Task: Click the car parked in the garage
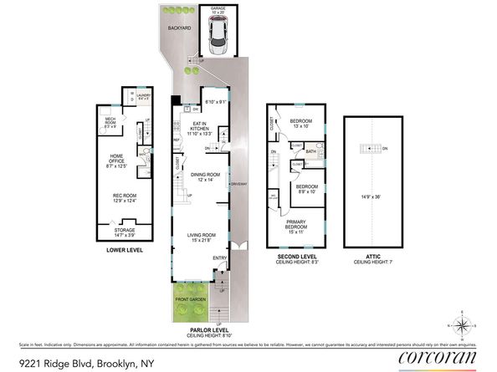coord(217,37)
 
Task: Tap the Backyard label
coord(180,28)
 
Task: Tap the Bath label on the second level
coord(310,151)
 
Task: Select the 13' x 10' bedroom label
coord(300,124)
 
